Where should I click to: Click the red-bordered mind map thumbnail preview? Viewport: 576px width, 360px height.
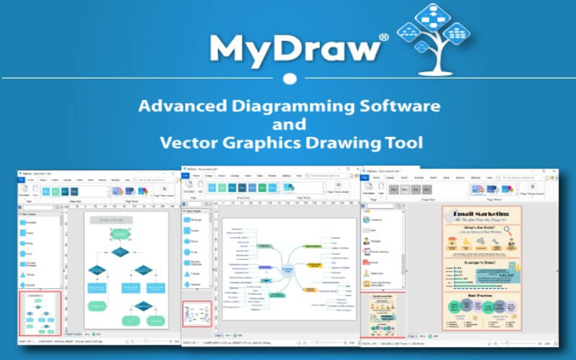pyautogui.click(x=197, y=315)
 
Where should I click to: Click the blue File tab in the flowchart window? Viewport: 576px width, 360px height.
pyautogui.click(x=22, y=179)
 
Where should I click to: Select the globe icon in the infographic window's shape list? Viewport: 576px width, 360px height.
pyautogui.click(x=366, y=220)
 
